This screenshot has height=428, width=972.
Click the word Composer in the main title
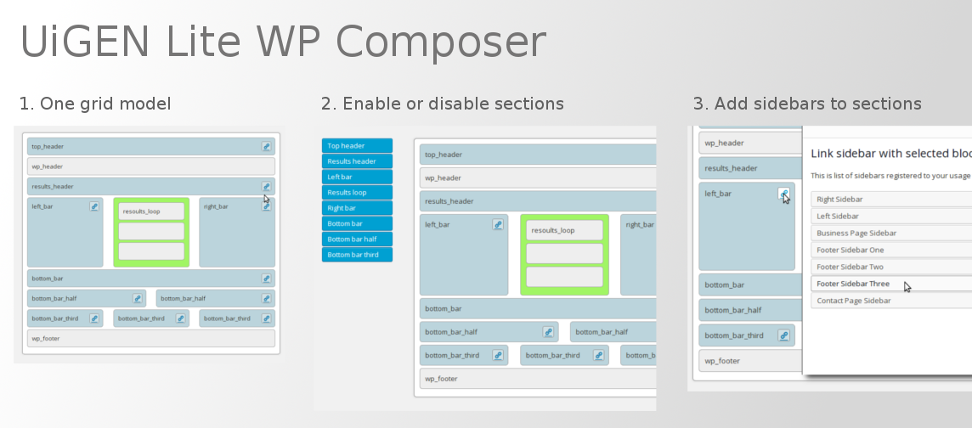440,42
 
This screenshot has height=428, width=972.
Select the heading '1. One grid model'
95,104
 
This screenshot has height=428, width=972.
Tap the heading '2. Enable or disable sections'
442,104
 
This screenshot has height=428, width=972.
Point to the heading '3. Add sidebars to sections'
807,104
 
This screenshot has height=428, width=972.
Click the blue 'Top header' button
357,145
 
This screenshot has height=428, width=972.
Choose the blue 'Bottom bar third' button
357,255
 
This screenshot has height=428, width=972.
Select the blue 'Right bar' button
357,208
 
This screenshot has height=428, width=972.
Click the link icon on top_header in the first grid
266,147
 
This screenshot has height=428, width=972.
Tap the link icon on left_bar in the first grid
94,206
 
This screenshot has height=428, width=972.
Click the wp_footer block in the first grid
151,338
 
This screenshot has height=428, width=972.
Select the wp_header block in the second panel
538,177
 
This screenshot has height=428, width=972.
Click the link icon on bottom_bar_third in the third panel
783,335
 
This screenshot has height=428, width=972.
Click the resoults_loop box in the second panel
565,230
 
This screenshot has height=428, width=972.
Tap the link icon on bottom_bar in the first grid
266,279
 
